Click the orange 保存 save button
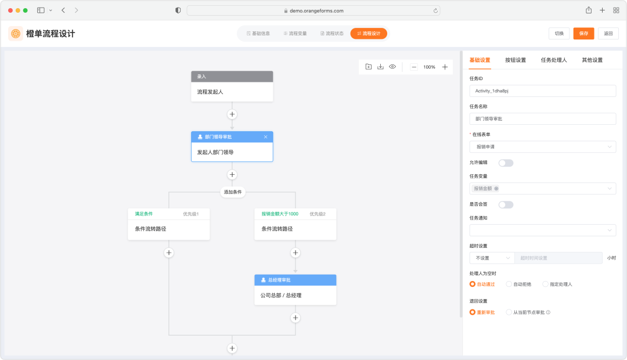pos(583,34)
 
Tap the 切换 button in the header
pos(559,34)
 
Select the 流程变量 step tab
pos(295,34)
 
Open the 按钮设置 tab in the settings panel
pos(516,60)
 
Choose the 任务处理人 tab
pos(554,60)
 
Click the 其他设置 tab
pos(592,60)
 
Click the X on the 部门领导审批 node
pos(265,137)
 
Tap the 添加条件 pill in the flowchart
pos(232,192)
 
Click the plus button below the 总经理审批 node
pos(296,318)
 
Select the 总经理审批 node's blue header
pos(295,280)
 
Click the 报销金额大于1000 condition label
pos(280,214)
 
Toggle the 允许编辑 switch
pos(506,163)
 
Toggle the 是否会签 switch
pos(506,205)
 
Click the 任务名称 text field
pos(543,119)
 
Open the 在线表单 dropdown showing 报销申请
pos(543,147)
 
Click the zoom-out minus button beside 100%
pos(414,67)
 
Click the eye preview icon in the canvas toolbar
pos(392,67)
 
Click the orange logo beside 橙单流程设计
pos(16,34)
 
